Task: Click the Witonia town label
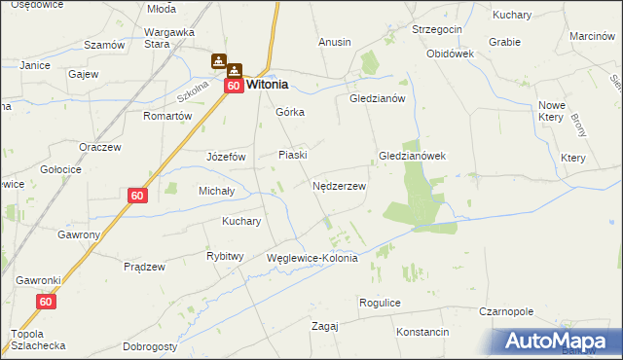click(267, 85)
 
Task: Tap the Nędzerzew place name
click(339, 186)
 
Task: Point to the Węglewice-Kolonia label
click(312, 259)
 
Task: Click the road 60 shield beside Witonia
click(234, 86)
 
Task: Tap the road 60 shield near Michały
click(137, 196)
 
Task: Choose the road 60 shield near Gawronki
click(46, 303)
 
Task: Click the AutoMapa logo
click(560, 342)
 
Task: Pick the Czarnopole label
click(506, 312)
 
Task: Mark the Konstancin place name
click(422, 332)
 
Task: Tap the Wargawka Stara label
click(170, 37)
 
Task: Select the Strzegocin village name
click(436, 30)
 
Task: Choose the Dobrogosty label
click(150, 346)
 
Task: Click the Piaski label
click(293, 155)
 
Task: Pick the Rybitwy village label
click(225, 256)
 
